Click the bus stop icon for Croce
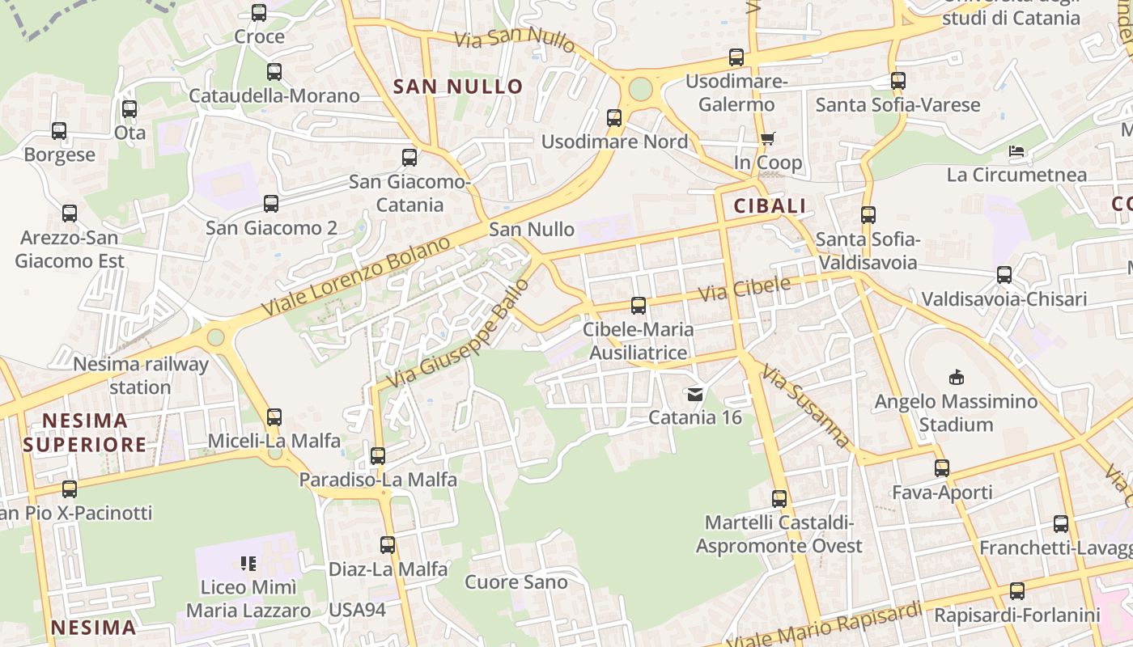tap(259, 13)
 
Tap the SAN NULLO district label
tap(458, 87)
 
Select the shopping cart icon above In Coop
tap(767, 138)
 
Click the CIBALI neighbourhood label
tap(770, 206)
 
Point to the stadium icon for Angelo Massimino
tap(956, 377)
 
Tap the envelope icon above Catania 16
tap(695, 395)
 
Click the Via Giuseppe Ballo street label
tap(458, 333)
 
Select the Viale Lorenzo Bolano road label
tap(356, 277)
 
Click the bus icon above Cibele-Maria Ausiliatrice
tap(639, 306)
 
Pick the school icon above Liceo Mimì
tap(248, 563)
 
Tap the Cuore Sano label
tap(516, 582)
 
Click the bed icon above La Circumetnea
tap(1016, 151)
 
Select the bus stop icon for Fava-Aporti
tap(942, 468)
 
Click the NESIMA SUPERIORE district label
tap(85, 433)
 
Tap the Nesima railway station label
tap(141, 375)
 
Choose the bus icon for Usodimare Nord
tap(614, 118)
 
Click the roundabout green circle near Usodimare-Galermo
tap(640, 89)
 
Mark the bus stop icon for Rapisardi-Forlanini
tap(1017, 591)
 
